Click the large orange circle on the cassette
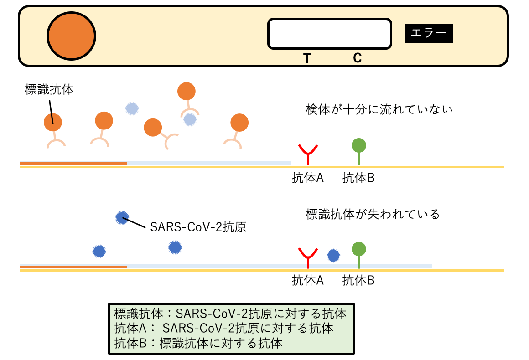pos(72,35)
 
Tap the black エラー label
pos(429,33)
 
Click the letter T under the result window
pos(307,58)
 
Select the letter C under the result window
pos(357,58)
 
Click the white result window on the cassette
pos(329,33)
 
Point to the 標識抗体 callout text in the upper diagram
pos(49,90)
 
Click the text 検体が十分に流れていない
pos(379,110)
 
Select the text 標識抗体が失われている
pos(372,214)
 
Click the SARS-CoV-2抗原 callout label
pos(198,227)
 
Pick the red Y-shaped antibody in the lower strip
pos(308,257)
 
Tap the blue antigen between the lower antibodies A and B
pos(333,256)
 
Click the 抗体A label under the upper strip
pos(308,178)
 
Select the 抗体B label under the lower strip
pos(358,281)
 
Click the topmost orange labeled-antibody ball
pos(186,91)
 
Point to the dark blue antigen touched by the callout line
pos(122,218)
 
